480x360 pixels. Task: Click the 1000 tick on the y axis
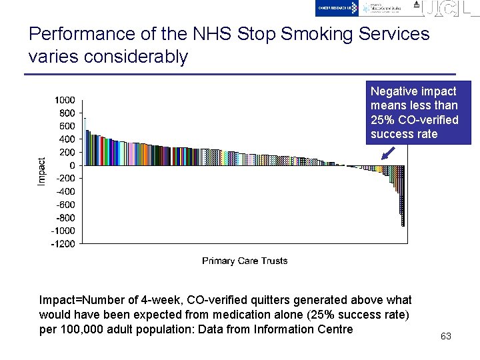[x=65, y=100]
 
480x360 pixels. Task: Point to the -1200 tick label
[x=63, y=244]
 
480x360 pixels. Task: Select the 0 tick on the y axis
[x=72, y=165]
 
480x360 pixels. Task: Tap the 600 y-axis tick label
[x=67, y=126]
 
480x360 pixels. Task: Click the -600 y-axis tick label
[x=65, y=205]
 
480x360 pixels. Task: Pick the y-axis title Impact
[x=42, y=171]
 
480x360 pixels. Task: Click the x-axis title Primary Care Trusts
[x=245, y=261]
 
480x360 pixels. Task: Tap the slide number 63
[x=446, y=336]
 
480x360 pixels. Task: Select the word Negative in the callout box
[x=393, y=91]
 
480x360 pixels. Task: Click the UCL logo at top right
[x=446, y=8]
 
